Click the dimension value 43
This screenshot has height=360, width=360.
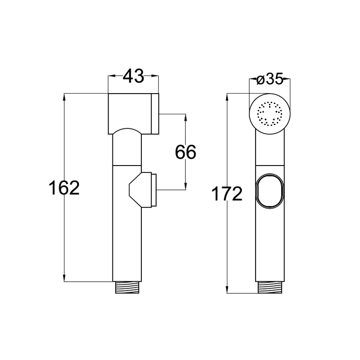coord(133,76)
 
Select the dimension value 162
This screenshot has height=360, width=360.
coord(64,187)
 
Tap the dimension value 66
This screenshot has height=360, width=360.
coord(185,152)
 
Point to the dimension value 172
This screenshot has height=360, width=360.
coord(227,193)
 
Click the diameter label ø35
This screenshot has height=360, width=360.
coord(270,80)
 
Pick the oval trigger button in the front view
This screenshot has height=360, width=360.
coord(270,191)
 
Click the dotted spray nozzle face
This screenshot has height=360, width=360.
coord(270,114)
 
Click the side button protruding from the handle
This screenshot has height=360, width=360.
coord(143,189)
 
